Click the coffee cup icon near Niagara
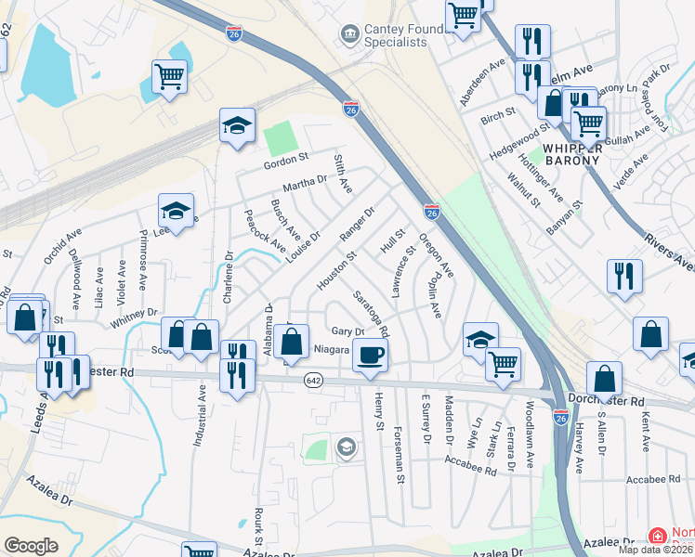point(370,354)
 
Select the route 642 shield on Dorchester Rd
point(314,381)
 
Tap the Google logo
point(31,546)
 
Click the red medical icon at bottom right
point(657,537)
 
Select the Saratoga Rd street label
point(372,313)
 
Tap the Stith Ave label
point(343,174)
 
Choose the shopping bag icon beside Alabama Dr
point(292,340)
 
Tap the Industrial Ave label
point(199,418)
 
